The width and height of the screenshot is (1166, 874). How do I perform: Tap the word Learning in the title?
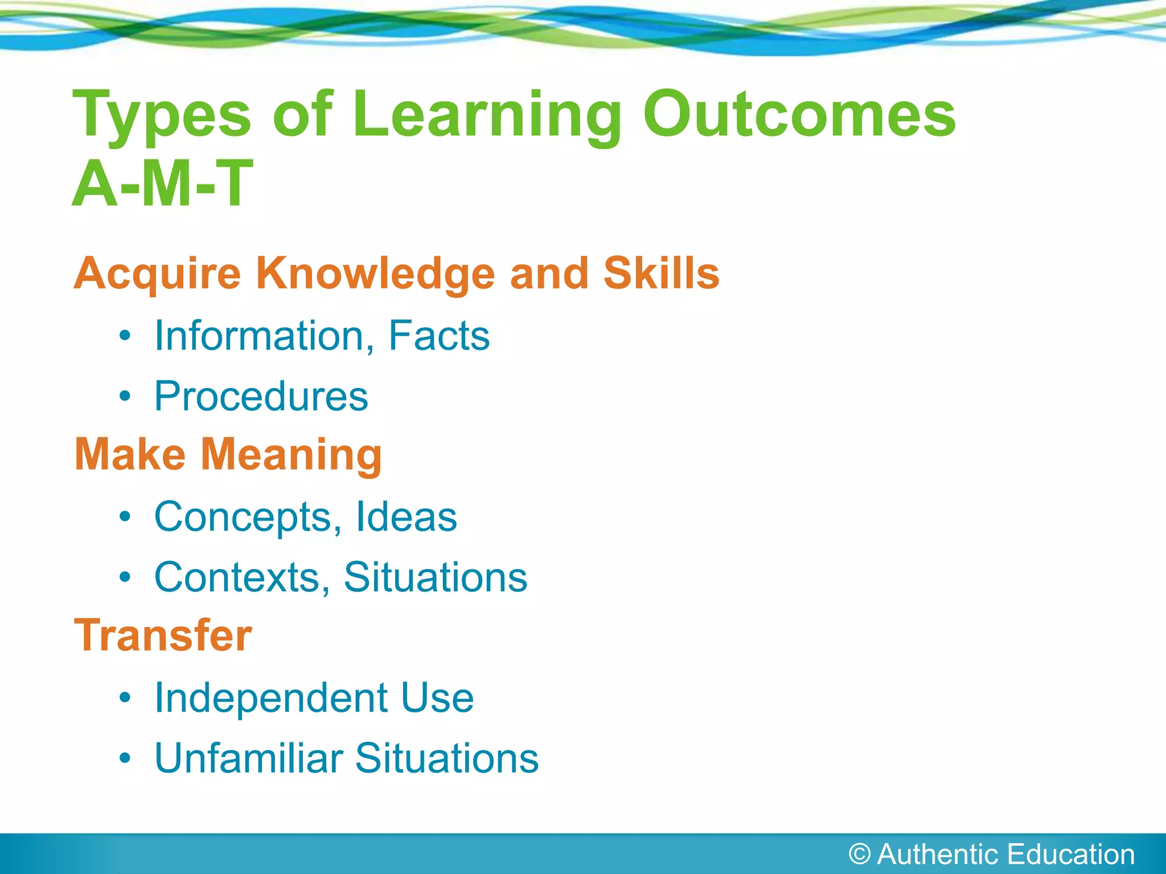click(487, 117)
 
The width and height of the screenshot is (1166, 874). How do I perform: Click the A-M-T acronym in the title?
click(163, 184)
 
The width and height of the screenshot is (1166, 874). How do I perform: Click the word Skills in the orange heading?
click(661, 273)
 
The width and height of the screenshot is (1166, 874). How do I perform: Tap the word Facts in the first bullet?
click(438, 336)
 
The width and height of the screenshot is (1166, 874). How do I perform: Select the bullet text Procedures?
click(261, 396)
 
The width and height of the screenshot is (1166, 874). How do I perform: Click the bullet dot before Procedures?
click(125, 396)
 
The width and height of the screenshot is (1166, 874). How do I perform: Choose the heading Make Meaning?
click(228, 455)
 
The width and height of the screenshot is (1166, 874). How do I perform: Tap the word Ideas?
click(406, 517)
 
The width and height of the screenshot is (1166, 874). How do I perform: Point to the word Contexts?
click(238, 578)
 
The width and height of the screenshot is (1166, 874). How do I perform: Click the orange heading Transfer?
click(163, 636)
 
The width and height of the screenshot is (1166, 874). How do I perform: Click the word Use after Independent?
click(437, 698)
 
